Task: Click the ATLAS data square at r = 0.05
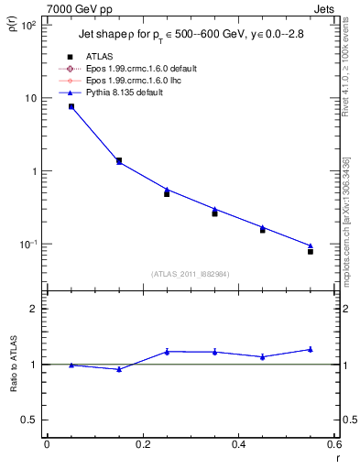pyautogui.click(x=71, y=107)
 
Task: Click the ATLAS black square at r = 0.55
pyautogui.click(x=311, y=251)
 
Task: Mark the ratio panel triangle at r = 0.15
pyautogui.click(x=119, y=369)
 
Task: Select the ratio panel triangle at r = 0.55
pyautogui.click(x=311, y=349)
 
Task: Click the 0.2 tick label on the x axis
pyautogui.click(x=142, y=444)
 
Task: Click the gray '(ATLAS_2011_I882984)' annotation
pyautogui.click(x=191, y=274)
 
